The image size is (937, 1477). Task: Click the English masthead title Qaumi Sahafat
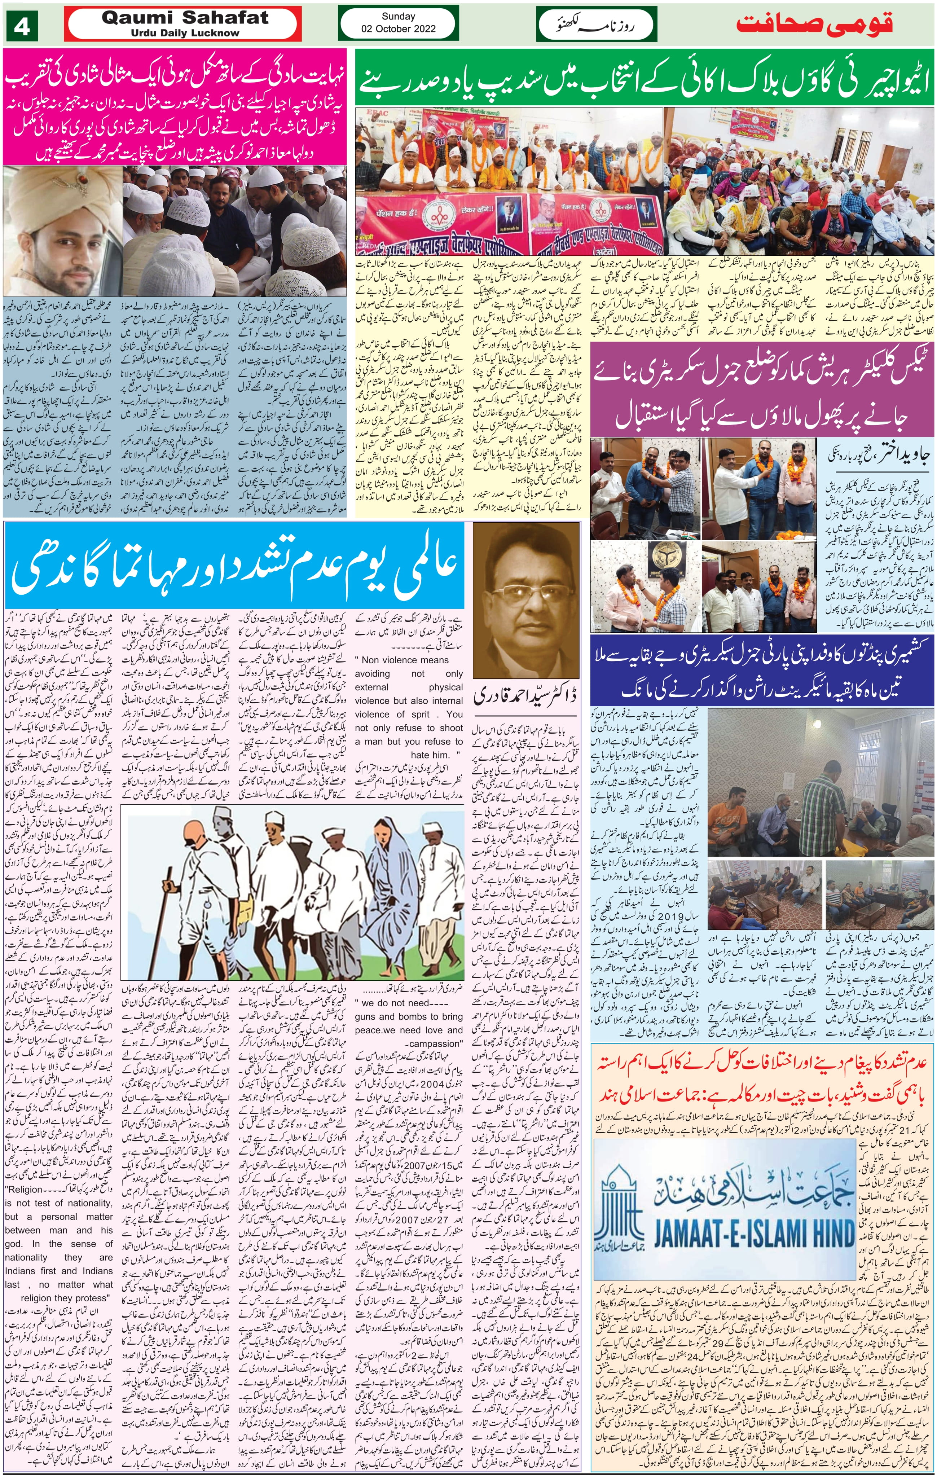(184, 17)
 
